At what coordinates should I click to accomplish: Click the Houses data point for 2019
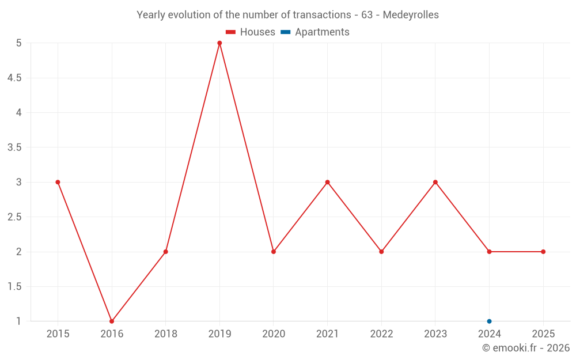pos(219,43)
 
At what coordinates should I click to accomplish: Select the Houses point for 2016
pos(112,321)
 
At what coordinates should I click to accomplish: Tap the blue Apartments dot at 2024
pos(489,321)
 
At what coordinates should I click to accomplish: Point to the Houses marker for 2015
pos(58,182)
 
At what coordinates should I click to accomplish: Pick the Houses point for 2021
pos(327,182)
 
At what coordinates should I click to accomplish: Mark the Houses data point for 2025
pos(543,252)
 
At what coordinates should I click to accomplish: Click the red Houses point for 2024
pos(489,252)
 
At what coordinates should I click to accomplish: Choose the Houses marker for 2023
pos(435,182)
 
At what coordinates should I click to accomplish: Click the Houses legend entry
pos(251,32)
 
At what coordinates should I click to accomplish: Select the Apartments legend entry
pos(315,32)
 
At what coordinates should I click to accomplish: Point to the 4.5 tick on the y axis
pos(14,78)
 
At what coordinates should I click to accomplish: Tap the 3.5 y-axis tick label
pos(14,147)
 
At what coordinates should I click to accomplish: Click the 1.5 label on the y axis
pos(14,286)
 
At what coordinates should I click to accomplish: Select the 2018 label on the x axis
pos(166,334)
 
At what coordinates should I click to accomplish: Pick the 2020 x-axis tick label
pos(274,334)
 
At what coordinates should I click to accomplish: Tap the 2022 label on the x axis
pos(381,334)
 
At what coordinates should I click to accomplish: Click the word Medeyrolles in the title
pos(411,15)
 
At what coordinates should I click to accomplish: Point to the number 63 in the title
pos(367,15)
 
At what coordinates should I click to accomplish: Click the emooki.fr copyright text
pos(526,347)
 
